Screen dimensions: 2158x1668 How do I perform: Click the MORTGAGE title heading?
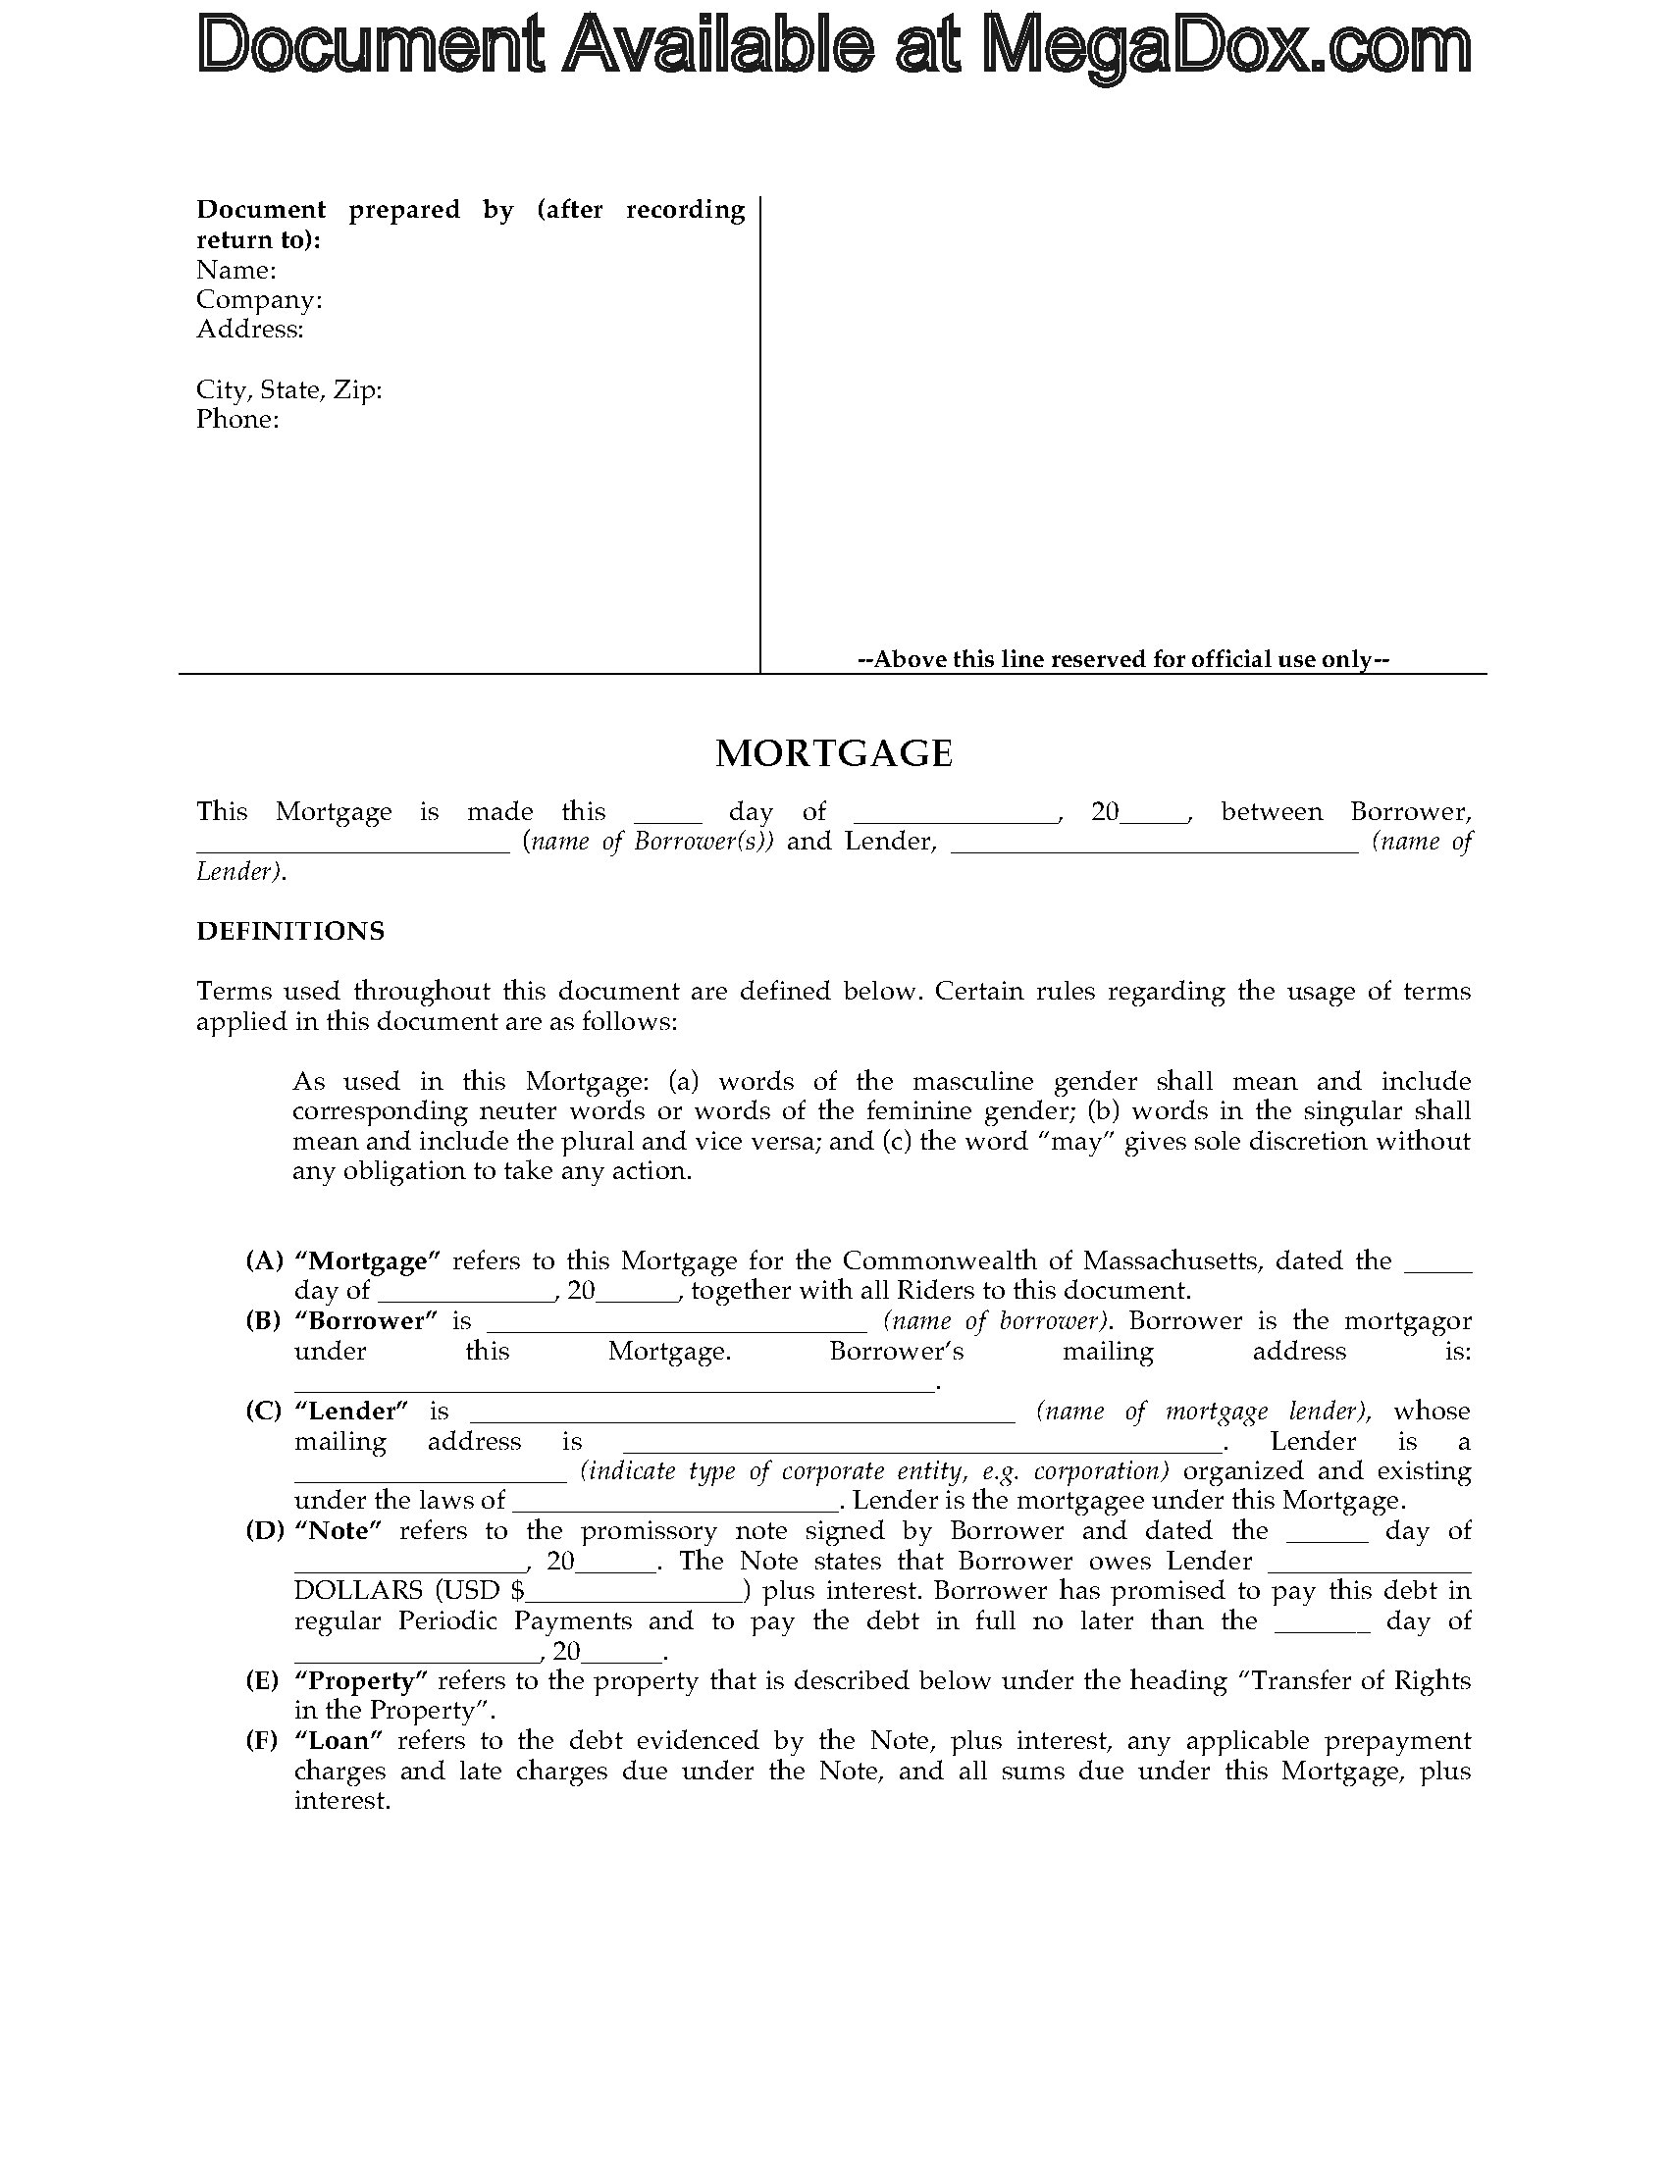[x=833, y=754]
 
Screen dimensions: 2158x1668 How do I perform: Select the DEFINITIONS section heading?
[x=290, y=931]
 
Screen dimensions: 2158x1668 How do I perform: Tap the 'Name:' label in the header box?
[x=236, y=270]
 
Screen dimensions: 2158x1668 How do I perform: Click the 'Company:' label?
[x=259, y=299]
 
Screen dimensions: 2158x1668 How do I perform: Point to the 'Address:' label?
[x=250, y=329]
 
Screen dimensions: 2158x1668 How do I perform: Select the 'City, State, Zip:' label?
[x=288, y=389]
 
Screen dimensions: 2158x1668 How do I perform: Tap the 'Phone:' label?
[x=237, y=419]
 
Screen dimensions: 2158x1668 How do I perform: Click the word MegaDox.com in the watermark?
[x=1226, y=46]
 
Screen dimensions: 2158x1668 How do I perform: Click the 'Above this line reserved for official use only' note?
[x=1123, y=659]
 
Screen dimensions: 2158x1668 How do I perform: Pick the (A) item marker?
[x=264, y=1260]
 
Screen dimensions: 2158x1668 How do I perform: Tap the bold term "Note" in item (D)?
[x=338, y=1530]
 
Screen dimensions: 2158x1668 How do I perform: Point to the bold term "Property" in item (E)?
[x=360, y=1680]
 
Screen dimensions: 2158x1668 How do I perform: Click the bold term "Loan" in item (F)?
[x=338, y=1740]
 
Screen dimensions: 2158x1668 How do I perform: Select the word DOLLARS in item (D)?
[x=359, y=1591]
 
